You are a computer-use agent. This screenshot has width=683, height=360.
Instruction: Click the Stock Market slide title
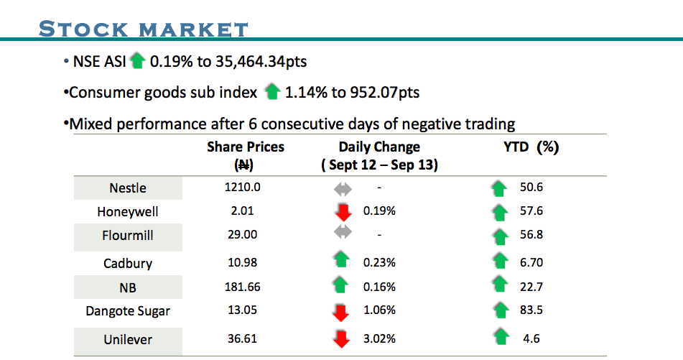click(144, 29)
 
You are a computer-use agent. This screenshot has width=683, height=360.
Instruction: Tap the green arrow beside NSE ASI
click(138, 62)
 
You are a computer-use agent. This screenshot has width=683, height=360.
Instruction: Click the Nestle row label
click(128, 188)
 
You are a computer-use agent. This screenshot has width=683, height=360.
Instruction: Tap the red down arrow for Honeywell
click(343, 213)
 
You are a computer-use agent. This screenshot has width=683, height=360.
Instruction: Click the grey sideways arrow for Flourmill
click(343, 234)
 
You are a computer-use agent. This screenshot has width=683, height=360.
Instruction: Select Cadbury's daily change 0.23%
click(379, 262)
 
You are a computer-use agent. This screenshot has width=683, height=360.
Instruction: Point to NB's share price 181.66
click(242, 287)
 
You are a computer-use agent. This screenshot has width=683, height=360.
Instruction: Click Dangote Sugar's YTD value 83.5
click(533, 311)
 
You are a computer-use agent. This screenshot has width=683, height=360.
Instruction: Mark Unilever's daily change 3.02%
click(379, 338)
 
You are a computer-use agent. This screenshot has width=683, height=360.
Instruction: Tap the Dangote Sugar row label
click(128, 311)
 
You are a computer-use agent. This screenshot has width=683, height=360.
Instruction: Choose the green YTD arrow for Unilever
click(501, 337)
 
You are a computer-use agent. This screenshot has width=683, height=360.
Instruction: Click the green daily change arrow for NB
click(343, 286)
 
